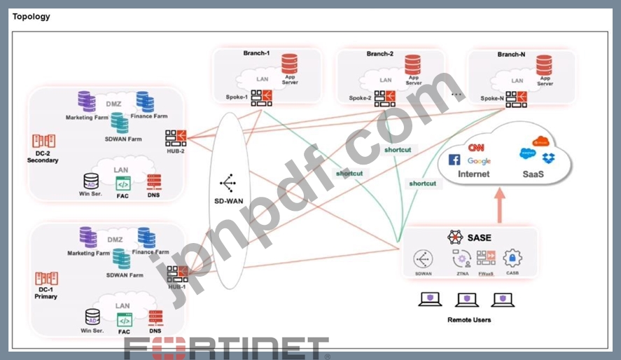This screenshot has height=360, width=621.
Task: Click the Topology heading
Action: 32,17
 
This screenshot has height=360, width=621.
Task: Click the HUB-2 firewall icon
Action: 175,138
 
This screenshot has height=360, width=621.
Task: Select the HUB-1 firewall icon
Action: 176,274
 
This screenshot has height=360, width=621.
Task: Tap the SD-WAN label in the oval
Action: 228,202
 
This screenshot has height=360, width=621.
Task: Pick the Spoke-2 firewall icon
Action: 384,99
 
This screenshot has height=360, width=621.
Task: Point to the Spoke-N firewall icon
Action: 516,99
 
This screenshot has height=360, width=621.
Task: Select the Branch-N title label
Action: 511,55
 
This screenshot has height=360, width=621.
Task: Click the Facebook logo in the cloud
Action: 454,160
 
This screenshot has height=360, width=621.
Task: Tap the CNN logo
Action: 476,148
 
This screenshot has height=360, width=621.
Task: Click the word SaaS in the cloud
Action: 532,174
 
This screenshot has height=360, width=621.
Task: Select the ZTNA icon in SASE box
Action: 461,258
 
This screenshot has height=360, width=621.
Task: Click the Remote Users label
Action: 469,320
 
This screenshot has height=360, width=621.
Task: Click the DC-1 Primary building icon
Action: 46,278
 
